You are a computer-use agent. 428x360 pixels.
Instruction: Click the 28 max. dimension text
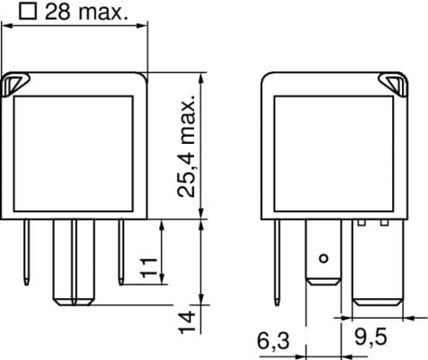(86, 12)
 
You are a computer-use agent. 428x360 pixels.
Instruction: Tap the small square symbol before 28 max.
(28, 12)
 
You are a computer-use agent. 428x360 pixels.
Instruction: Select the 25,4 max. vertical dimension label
(186, 147)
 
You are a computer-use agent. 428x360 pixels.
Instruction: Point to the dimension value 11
(149, 267)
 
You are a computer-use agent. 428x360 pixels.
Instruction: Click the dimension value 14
(187, 322)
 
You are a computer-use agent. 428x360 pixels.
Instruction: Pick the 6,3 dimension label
(273, 341)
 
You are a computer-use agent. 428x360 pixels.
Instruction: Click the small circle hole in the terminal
(324, 258)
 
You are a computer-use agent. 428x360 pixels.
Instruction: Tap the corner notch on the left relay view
(15, 85)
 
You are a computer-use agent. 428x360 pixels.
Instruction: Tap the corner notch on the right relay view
(394, 85)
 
